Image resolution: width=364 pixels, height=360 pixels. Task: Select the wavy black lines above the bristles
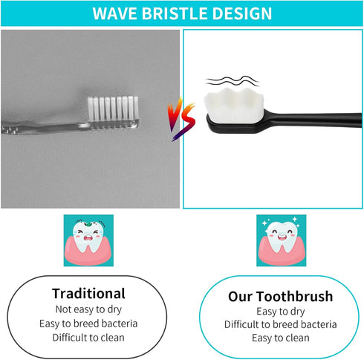[227, 80]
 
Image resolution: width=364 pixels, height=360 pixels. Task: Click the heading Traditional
[88, 293]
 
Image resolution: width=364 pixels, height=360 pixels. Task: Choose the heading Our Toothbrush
[280, 297]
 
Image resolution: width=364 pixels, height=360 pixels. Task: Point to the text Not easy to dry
[88, 309]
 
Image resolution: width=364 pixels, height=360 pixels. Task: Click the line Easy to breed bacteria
[88, 323]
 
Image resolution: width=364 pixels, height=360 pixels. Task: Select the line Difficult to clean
[88, 337]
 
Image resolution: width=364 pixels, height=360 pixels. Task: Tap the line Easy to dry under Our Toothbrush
[280, 312]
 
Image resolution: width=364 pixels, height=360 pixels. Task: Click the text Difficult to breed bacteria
[280, 325]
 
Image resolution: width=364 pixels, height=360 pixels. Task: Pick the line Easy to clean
[280, 338]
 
